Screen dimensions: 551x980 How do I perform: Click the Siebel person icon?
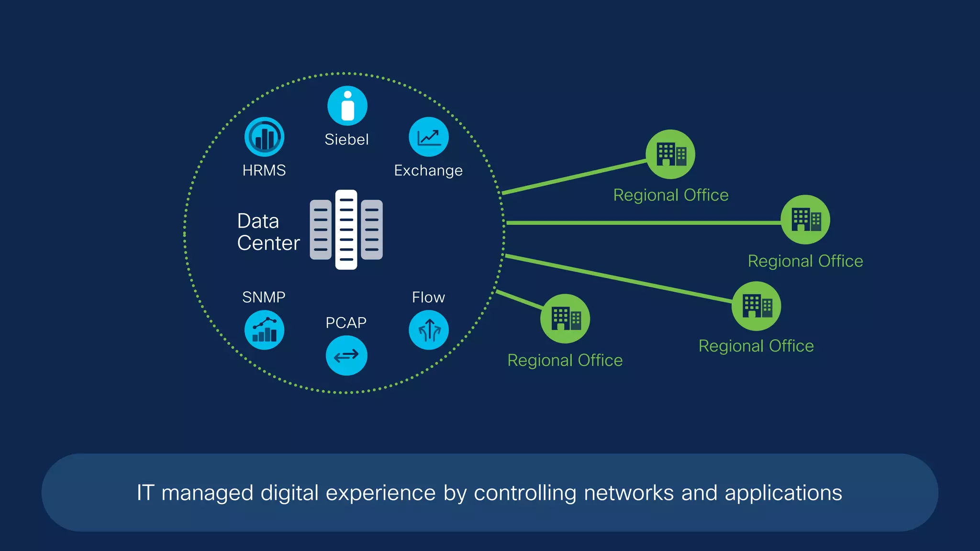tap(347, 106)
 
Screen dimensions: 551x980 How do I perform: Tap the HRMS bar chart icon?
tap(264, 137)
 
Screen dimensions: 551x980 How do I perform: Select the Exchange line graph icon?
tap(428, 137)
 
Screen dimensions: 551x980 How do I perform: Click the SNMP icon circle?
tap(264, 330)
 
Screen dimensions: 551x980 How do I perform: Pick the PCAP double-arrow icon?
tap(346, 355)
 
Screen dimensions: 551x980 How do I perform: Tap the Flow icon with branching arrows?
tap(428, 330)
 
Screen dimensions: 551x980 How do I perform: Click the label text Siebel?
tap(346, 140)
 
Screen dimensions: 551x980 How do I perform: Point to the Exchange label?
tap(428, 171)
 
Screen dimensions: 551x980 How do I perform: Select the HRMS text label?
tap(264, 171)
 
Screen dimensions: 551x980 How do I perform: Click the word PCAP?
tap(346, 323)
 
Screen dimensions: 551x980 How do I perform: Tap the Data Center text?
tap(268, 232)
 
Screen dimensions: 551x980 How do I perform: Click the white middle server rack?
tap(346, 230)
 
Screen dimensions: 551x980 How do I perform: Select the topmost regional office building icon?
tap(670, 154)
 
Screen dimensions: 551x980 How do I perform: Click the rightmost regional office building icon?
tap(805, 220)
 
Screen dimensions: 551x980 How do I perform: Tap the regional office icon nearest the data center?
tap(565, 319)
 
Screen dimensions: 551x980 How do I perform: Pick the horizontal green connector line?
tap(641, 223)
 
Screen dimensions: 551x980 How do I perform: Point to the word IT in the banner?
tap(145, 493)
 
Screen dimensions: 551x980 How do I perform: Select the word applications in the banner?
tap(783, 493)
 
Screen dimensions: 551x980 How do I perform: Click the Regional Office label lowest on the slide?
tap(565, 360)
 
